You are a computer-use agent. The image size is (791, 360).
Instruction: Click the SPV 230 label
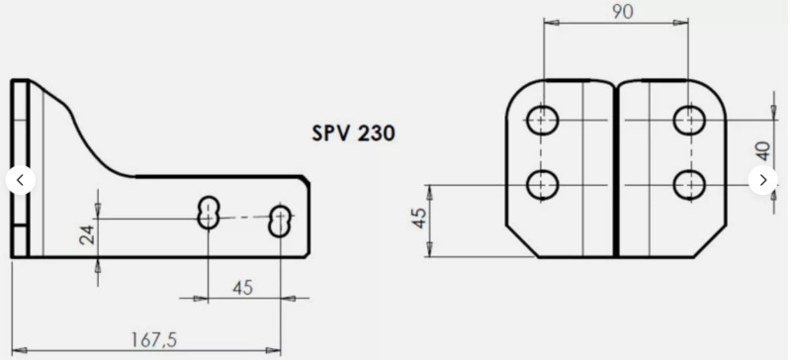[353, 133]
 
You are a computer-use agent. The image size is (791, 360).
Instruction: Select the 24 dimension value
[86, 236]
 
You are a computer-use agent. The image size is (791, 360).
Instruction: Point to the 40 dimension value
[762, 151]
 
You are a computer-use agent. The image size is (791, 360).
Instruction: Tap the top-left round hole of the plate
[543, 121]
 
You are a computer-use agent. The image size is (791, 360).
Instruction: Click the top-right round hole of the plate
[688, 121]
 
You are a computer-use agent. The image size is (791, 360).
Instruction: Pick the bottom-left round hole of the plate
[543, 184]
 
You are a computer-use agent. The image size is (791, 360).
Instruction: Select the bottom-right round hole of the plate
[688, 184]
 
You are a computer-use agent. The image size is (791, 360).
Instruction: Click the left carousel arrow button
[21, 180]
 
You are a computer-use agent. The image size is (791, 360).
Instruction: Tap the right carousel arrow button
[763, 180]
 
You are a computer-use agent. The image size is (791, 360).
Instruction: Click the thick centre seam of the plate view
[615, 168]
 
